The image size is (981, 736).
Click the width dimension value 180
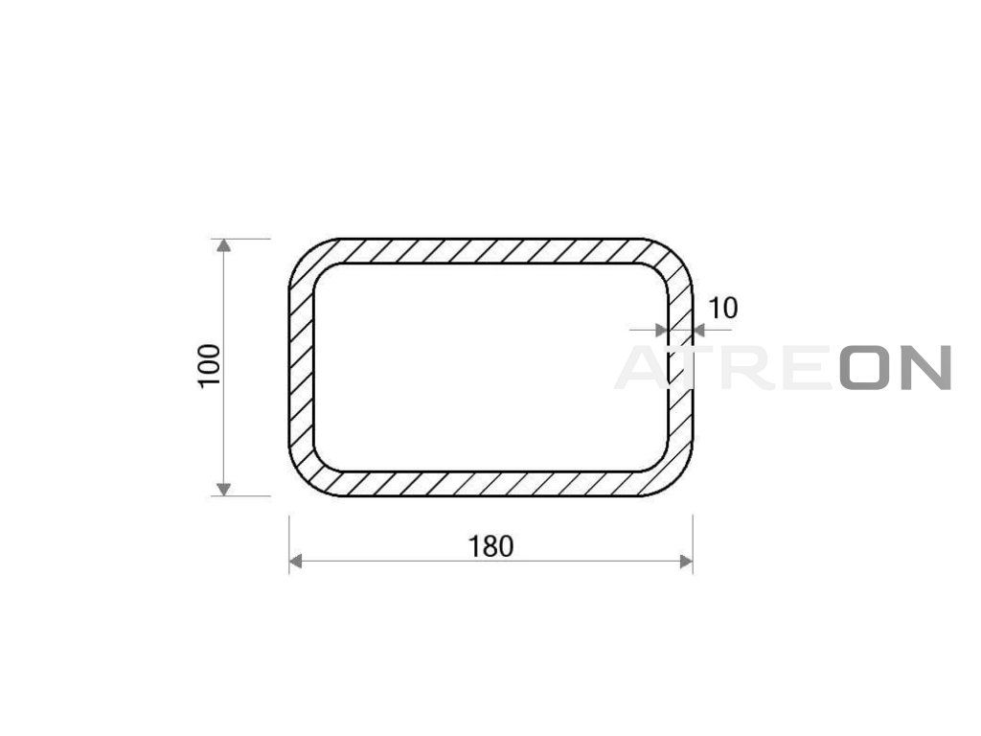pyautogui.click(x=491, y=546)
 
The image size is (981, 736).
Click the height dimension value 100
pyautogui.click(x=210, y=366)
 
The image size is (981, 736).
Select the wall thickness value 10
pyautogui.click(x=722, y=308)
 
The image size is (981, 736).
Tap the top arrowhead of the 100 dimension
pyautogui.click(x=223, y=245)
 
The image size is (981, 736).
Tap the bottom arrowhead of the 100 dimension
pyautogui.click(x=223, y=489)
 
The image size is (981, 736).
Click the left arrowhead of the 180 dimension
pyautogui.click(x=296, y=562)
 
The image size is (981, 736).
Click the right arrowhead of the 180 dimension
pyautogui.click(x=686, y=562)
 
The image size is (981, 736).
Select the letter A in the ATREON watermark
pyautogui.click(x=643, y=367)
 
